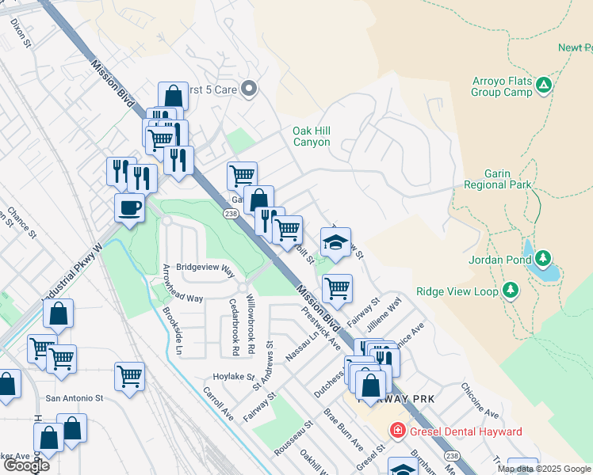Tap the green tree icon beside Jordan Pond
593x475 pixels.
(543, 258)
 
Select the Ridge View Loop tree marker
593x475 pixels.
(511, 291)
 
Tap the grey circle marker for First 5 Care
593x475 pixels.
(249, 89)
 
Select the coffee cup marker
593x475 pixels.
(129, 208)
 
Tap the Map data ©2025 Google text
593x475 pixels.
(544, 469)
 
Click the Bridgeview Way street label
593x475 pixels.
(205, 268)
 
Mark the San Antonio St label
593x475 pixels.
(75, 397)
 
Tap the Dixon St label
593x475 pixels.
(19, 33)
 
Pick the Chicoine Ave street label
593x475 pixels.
(480, 401)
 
